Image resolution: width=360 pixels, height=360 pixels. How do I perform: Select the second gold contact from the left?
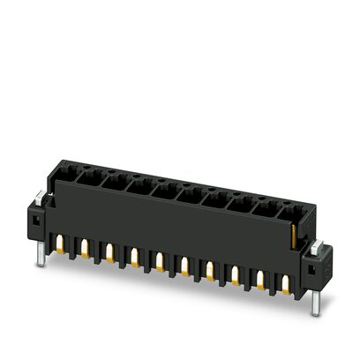86,250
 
